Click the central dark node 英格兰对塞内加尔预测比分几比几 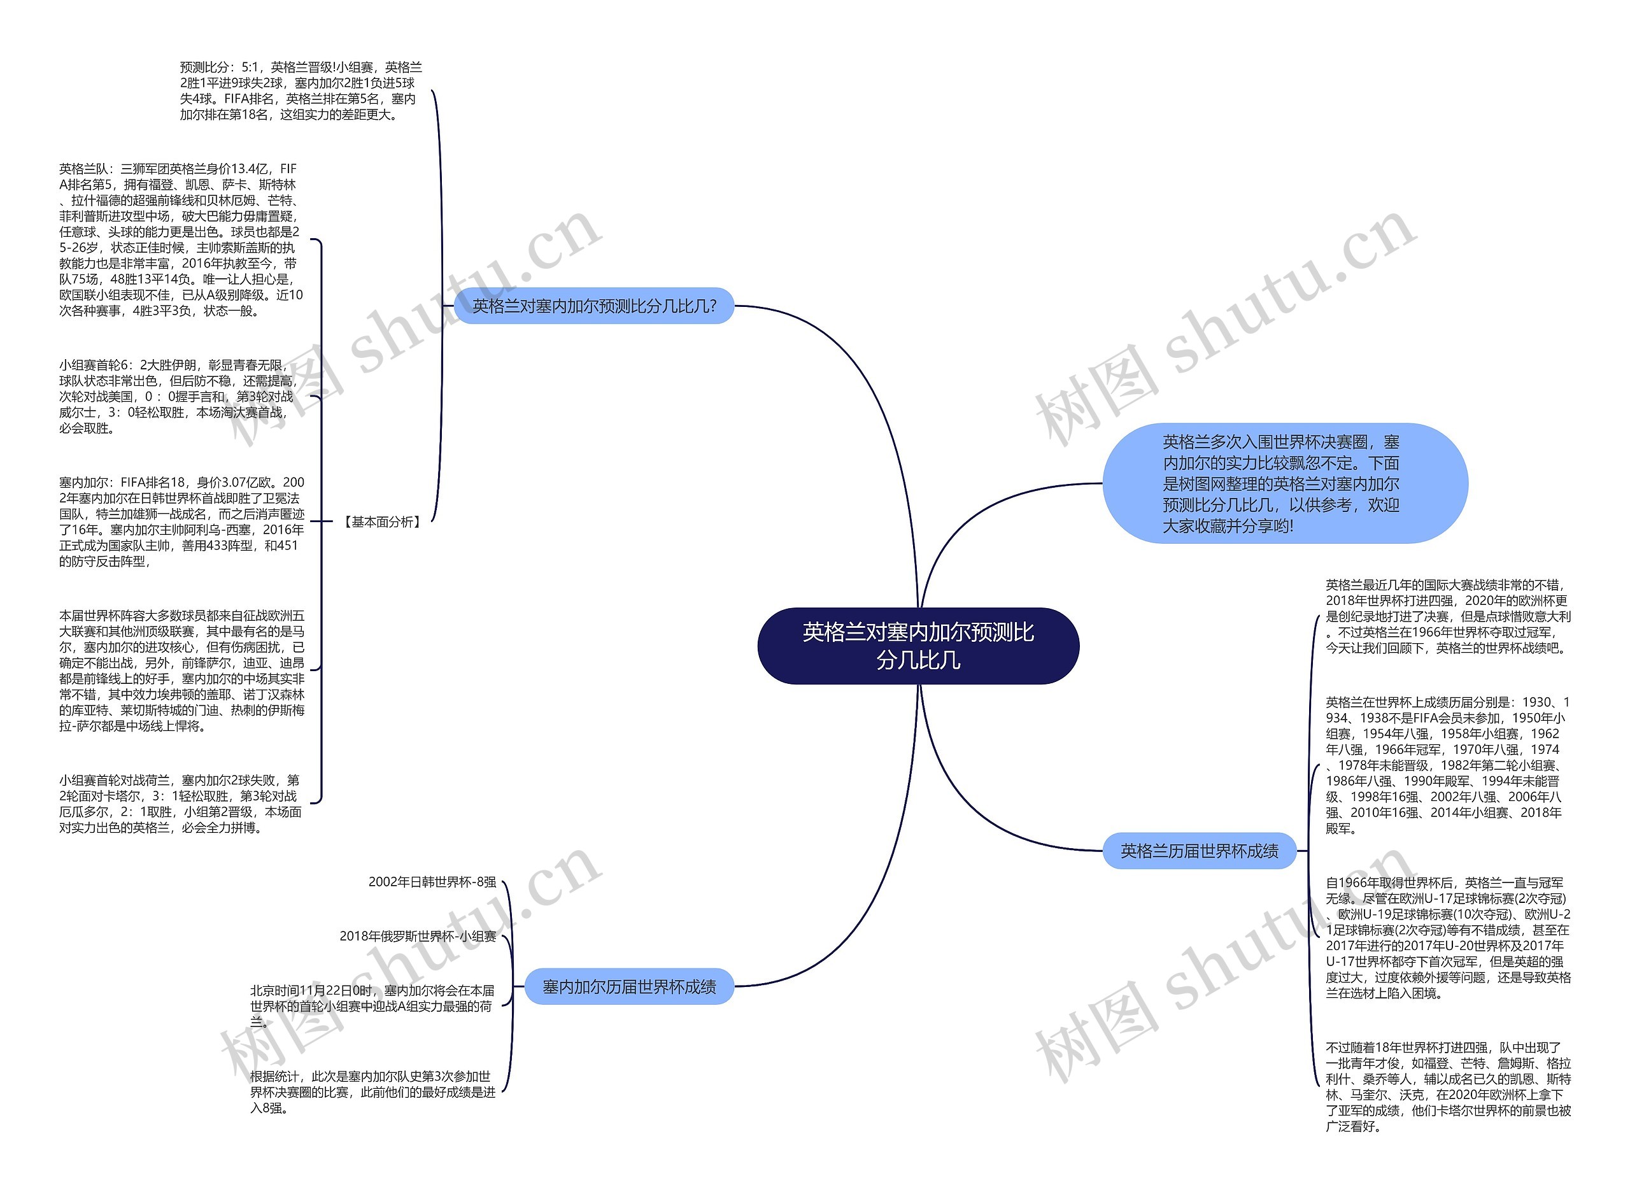[918, 646]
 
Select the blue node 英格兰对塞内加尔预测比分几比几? [594, 306]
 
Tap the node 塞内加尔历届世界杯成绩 [628, 986]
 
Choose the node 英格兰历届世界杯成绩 [1199, 851]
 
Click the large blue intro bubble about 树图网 [1284, 483]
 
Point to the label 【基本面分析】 [381, 521]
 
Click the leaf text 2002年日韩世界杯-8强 [432, 882]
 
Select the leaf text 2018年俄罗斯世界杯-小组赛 [418, 936]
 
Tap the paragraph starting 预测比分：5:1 [301, 91]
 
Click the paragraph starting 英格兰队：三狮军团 [181, 239]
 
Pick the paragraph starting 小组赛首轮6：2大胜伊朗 [178, 396]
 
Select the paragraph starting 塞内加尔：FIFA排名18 [181, 521]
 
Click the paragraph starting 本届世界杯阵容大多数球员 [181, 670]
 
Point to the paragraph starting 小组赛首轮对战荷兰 [180, 804]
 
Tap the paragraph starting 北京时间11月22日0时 [372, 1005]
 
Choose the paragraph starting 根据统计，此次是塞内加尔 [372, 1091]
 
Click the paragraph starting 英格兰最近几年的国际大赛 [1447, 616]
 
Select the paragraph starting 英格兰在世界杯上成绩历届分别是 [1447, 765]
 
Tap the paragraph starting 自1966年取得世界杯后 [1447, 937]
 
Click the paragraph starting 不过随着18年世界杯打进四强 [1447, 1086]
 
